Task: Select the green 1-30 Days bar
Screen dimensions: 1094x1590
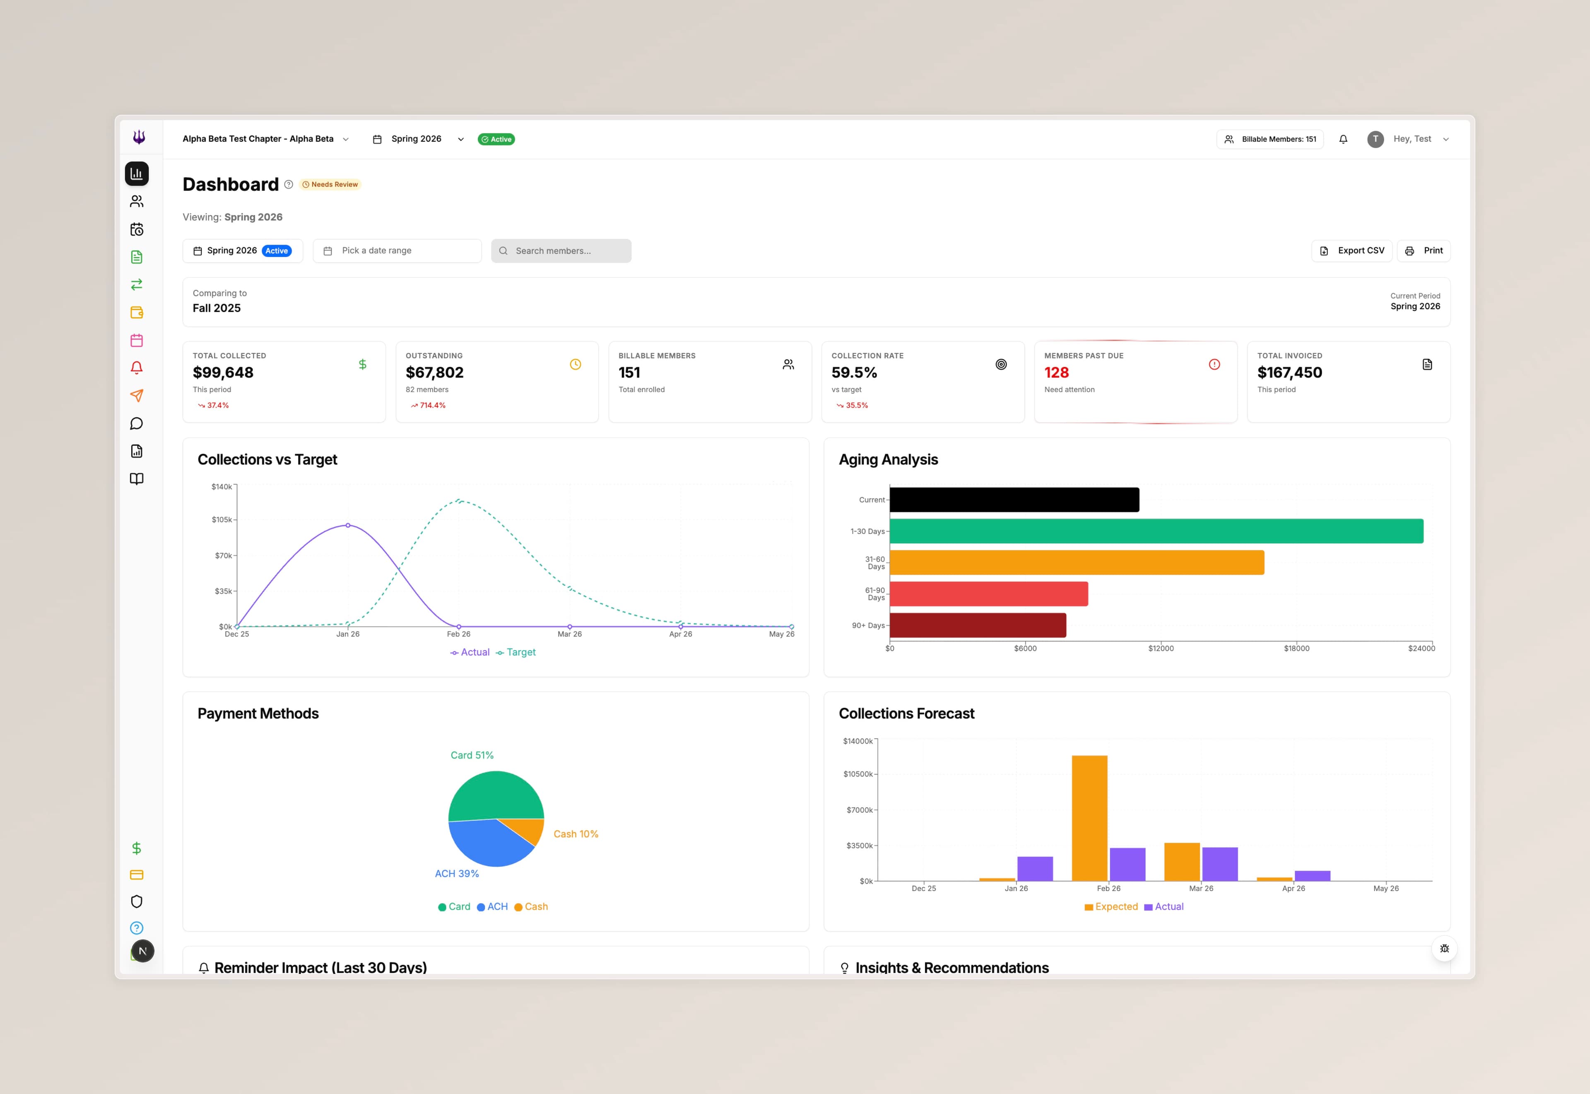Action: coord(1156,531)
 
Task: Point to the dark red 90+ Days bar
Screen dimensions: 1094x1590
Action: coord(977,625)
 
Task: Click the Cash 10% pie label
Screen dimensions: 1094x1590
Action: coord(576,834)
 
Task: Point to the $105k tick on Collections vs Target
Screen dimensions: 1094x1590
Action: coord(222,520)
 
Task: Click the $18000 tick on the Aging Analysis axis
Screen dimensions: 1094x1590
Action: coord(1296,648)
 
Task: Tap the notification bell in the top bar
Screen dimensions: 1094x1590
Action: coord(1343,139)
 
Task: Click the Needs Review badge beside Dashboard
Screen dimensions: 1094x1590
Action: coord(330,184)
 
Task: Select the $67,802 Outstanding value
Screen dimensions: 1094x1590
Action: coord(434,373)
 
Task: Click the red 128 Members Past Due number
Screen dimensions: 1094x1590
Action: coord(1056,373)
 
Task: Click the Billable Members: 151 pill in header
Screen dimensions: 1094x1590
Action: coord(1270,139)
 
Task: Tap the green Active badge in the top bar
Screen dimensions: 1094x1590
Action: coord(496,139)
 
